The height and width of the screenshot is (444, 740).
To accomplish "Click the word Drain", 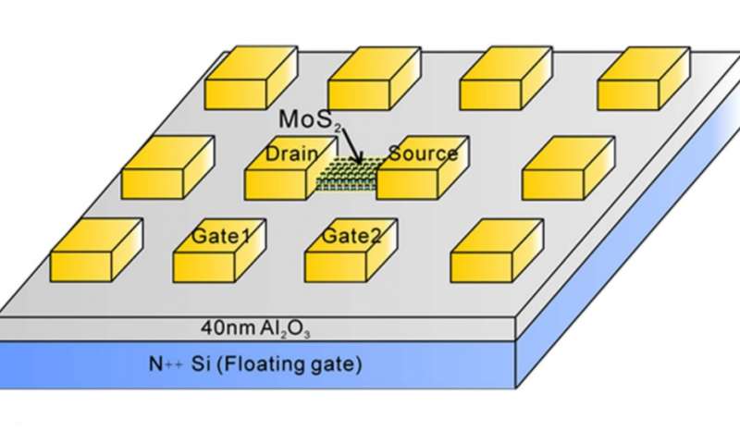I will point(291,154).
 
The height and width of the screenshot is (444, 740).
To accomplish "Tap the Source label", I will point(423,154).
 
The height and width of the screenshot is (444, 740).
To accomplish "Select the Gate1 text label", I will point(221,236).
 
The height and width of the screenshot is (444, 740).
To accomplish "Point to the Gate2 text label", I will point(351,236).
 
